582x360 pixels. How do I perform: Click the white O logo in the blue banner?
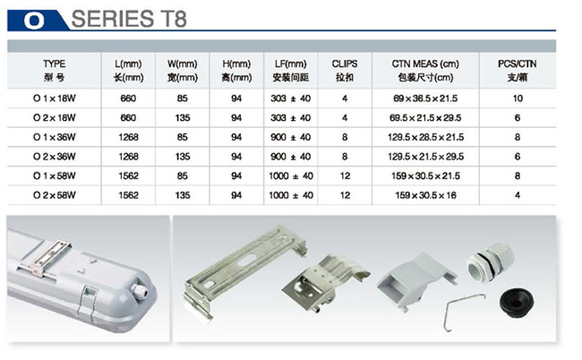[x=33, y=20]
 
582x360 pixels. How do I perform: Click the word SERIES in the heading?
[x=113, y=19]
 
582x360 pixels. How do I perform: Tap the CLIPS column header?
[x=344, y=64]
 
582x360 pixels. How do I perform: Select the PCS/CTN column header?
[x=517, y=64]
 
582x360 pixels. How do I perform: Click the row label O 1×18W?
[x=54, y=98]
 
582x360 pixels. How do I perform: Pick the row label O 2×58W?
[x=54, y=195]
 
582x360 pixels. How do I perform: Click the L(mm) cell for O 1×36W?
[x=129, y=137]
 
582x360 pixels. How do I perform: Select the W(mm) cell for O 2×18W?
[x=183, y=118]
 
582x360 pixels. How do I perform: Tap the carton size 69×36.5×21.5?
[x=426, y=98]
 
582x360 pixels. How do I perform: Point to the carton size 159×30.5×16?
[x=426, y=195]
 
